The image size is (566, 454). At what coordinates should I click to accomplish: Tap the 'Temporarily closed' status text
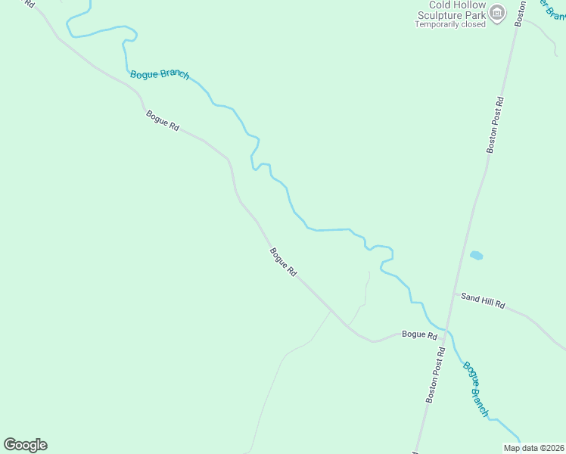coord(449,23)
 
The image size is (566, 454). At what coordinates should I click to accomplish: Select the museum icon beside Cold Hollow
coord(497,12)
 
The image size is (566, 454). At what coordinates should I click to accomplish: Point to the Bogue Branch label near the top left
coord(159,75)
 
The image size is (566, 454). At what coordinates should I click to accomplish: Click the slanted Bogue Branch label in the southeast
coord(476,390)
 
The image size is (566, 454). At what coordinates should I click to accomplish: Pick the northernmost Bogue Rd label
coord(162,121)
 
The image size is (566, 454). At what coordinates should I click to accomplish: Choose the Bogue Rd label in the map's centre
coord(282,262)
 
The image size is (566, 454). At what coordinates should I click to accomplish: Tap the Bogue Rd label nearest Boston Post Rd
coord(419,334)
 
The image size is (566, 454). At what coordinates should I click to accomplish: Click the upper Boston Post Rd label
coord(495,125)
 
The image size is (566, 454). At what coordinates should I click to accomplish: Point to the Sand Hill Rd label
coord(483,300)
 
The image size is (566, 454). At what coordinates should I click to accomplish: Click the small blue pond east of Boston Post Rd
coord(477,256)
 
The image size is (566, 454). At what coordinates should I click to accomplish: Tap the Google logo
coord(25,445)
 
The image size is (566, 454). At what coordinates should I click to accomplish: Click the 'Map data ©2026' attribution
coord(533,448)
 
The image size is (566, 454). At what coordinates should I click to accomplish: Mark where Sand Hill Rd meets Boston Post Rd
coord(454,292)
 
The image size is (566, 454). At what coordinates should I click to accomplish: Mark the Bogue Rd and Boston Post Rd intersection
coord(446,331)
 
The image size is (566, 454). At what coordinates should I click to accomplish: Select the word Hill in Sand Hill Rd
coord(484,300)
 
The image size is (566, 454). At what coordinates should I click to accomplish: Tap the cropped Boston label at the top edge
coord(519,11)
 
